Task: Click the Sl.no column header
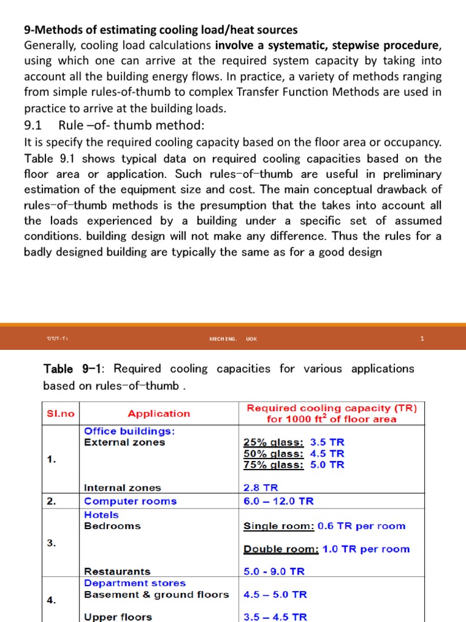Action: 61,414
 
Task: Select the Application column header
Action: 159,414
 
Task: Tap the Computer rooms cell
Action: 130,501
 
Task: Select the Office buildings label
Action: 129,431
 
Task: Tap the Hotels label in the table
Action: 101,514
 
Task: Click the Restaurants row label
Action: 117,572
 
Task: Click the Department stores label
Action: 135,583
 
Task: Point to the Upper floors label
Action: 118,617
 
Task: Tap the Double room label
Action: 281,549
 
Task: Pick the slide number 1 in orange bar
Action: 422,339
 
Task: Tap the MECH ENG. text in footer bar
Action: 222,339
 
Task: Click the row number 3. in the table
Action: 52,543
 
